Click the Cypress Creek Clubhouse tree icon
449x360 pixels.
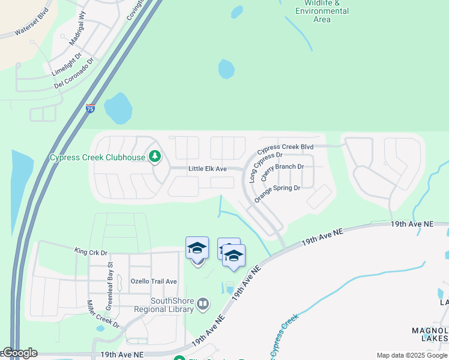(x=155, y=157)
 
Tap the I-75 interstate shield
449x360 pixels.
(x=90, y=109)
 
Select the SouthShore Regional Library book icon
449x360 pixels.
(x=203, y=304)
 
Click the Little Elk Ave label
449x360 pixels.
(x=207, y=169)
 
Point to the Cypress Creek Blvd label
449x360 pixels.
(x=286, y=147)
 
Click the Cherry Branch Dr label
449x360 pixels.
(x=282, y=167)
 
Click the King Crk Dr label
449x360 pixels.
(x=91, y=252)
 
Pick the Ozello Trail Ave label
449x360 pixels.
(x=154, y=281)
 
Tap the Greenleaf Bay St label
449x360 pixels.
(x=110, y=286)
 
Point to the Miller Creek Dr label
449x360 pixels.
(x=103, y=314)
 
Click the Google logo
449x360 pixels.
(x=19, y=353)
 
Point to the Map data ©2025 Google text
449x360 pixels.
(x=411, y=355)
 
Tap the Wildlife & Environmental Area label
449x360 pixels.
(x=322, y=11)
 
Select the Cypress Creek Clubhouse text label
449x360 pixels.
(x=97, y=158)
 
